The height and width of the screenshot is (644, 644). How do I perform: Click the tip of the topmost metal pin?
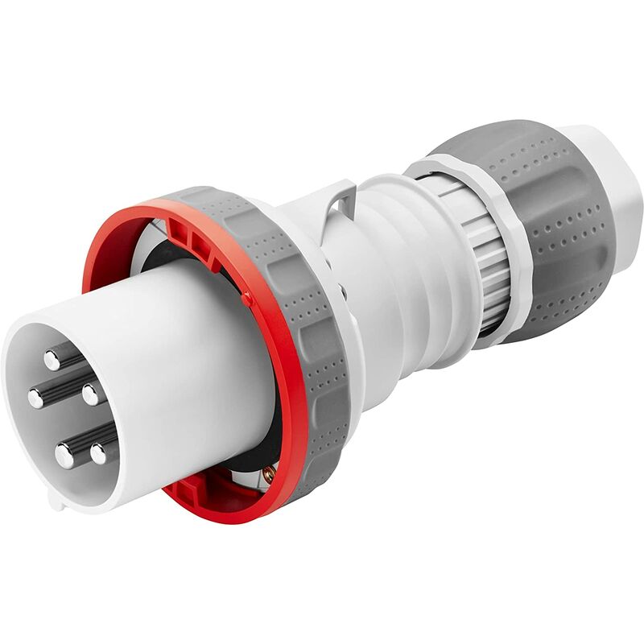53,359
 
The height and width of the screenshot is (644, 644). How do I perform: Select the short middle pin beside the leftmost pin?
91,394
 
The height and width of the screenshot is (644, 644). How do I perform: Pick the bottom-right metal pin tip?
99,452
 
